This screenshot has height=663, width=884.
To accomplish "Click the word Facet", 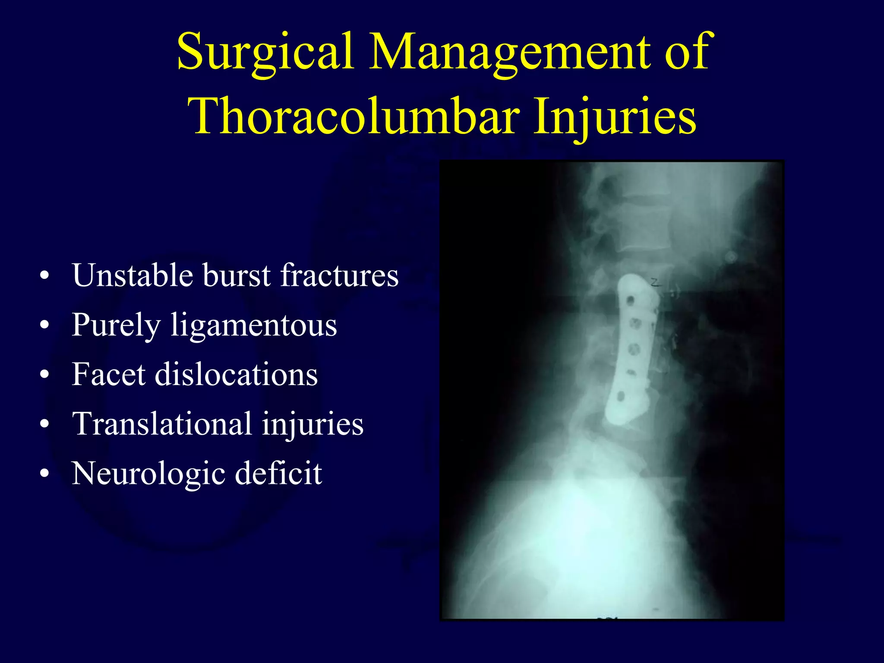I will (108, 374).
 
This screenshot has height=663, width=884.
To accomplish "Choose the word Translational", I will (162, 424).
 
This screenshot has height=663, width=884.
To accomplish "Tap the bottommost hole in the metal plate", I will (621, 396).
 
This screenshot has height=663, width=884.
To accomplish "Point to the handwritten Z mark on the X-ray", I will (655, 283).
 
